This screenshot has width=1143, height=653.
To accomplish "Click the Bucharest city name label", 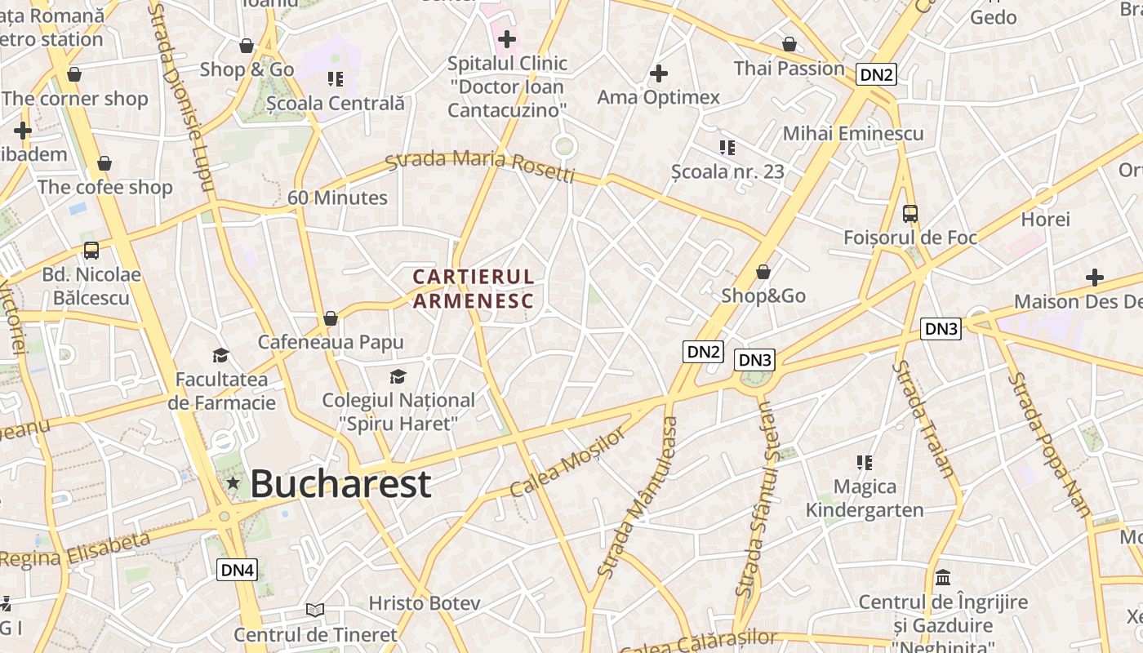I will coord(340,483).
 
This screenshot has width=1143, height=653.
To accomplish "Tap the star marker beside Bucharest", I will coord(233,482).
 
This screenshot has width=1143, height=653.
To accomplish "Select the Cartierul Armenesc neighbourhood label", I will coord(474,289).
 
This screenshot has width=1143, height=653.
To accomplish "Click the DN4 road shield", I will coord(237,570).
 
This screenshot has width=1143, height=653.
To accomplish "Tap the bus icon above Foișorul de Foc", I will coord(910,214).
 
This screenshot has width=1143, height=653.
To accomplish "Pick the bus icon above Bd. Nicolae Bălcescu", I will coord(91,251).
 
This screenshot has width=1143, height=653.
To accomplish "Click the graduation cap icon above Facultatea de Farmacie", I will coord(220,355).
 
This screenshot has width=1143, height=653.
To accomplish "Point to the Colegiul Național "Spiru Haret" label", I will coord(398,411).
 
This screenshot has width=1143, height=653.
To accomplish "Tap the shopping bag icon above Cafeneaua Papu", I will coord(331,318).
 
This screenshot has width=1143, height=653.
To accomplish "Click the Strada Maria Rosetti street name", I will coord(480,166).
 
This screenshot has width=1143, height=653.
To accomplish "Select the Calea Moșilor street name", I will coord(569,461).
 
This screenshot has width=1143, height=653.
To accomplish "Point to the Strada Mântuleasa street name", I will coord(638,498).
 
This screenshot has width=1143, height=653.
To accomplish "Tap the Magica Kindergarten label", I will coord(865,498).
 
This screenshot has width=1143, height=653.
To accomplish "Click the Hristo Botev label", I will coord(425,603).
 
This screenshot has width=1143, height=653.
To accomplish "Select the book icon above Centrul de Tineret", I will coord(315,610).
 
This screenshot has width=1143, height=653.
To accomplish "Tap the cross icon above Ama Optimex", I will coord(659,74).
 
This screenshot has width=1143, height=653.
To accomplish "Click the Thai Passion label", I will coord(789,68).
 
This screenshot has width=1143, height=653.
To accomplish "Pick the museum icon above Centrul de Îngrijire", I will coord(943,577).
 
